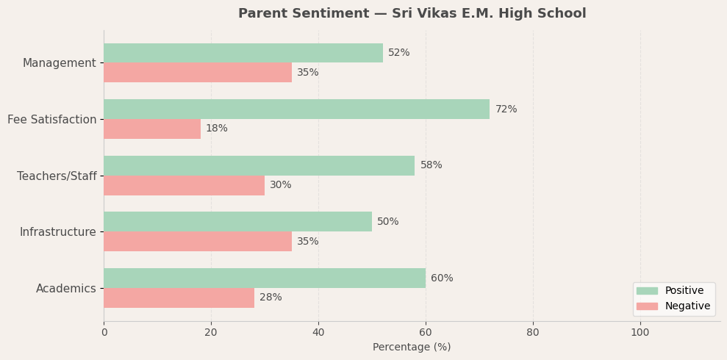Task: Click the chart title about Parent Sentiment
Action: point(412,14)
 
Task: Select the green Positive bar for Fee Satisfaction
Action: point(296,109)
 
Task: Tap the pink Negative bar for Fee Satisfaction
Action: point(152,129)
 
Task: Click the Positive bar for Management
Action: point(243,53)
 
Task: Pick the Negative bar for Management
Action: point(198,73)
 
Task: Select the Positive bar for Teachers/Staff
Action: point(259,165)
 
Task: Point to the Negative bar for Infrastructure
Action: point(198,242)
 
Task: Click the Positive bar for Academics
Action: point(265,278)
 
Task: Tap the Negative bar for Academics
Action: point(179,298)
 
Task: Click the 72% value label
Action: point(506,109)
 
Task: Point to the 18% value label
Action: point(217,129)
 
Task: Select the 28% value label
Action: point(271,298)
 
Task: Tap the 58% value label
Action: point(431,165)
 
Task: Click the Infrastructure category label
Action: point(58,232)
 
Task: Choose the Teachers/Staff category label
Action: point(57,176)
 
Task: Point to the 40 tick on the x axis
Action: point(318,333)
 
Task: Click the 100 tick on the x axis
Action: point(640,333)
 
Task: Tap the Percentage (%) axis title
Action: point(412,348)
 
